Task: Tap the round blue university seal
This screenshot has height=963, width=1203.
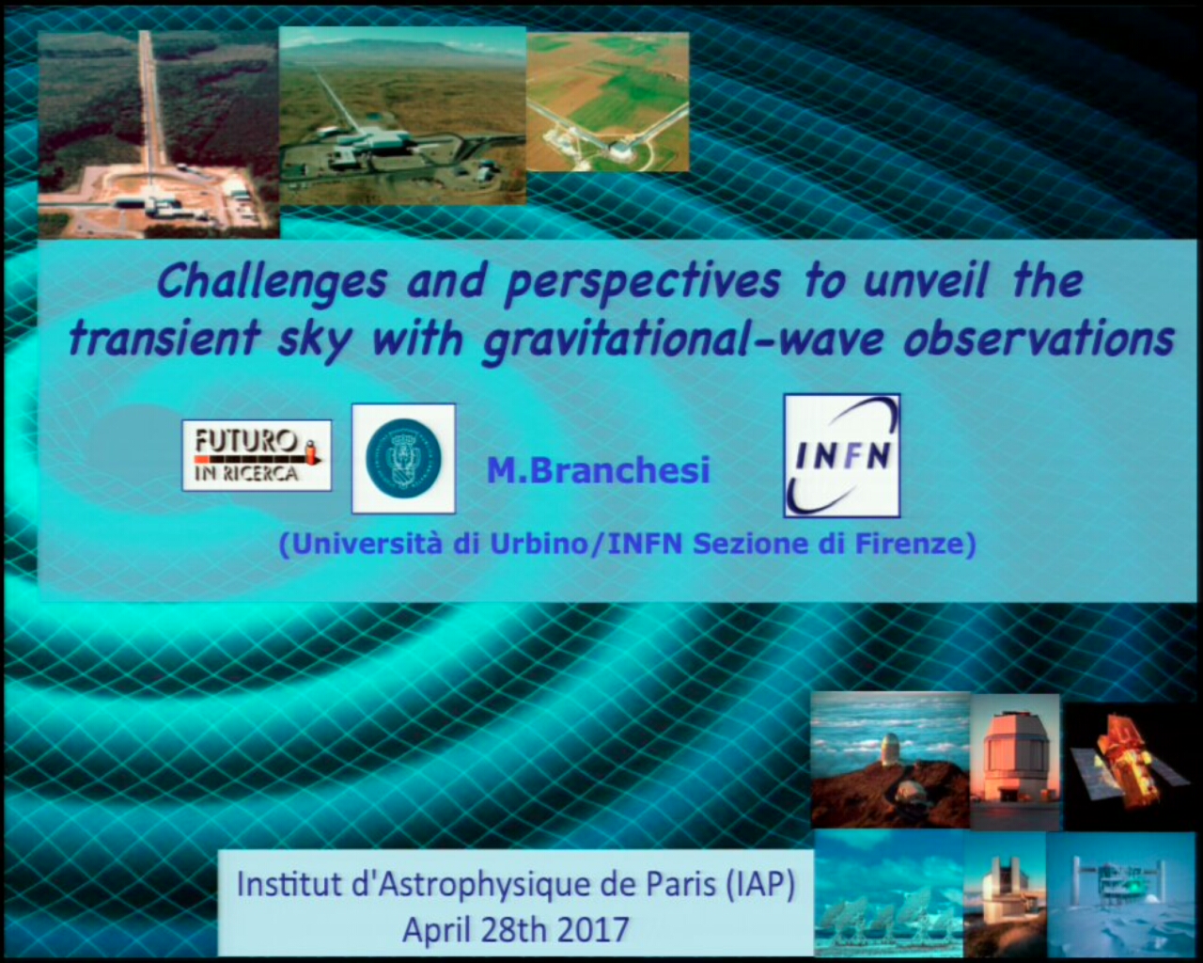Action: pos(403,458)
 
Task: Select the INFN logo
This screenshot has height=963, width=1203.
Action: pos(842,455)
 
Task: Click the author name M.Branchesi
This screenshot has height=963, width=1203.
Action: pos(598,470)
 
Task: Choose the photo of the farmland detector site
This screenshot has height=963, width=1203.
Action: pos(608,102)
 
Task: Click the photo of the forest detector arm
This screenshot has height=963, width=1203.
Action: pos(159,134)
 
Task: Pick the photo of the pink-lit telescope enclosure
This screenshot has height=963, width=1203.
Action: pos(1015,761)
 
